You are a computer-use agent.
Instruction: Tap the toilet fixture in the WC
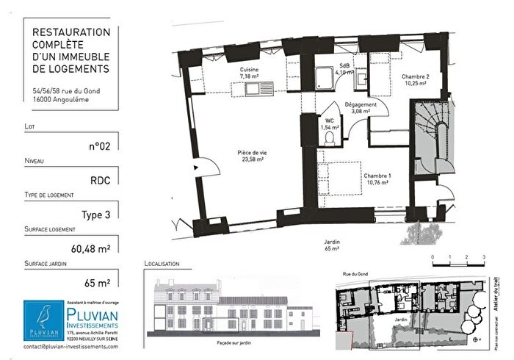[x=331, y=138]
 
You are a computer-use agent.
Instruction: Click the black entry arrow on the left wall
[x=196, y=168]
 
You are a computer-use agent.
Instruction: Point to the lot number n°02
[x=99, y=145]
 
